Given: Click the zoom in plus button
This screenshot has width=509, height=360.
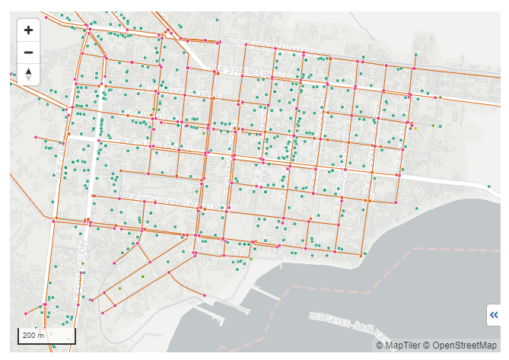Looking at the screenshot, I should pyautogui.click(x=28, y=30).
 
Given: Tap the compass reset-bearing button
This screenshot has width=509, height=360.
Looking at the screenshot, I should pyautogui.click(x=28, y=74).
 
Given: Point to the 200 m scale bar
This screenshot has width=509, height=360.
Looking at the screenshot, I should pyautogui.click(x=46, y=336).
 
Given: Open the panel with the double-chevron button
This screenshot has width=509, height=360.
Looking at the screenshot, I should pyautogui.click(x=494, y=314).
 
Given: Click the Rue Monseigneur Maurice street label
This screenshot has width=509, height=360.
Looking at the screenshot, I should pyautogui.click(x=153, y=199).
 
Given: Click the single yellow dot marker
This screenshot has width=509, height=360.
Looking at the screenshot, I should pyautogui.click(x=415, y=129).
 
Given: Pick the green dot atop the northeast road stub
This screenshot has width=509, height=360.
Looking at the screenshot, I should pyautogui.click(x=416, y=54).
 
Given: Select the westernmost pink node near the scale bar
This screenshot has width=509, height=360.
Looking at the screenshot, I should pyautogui.click(x=26, y=314).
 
